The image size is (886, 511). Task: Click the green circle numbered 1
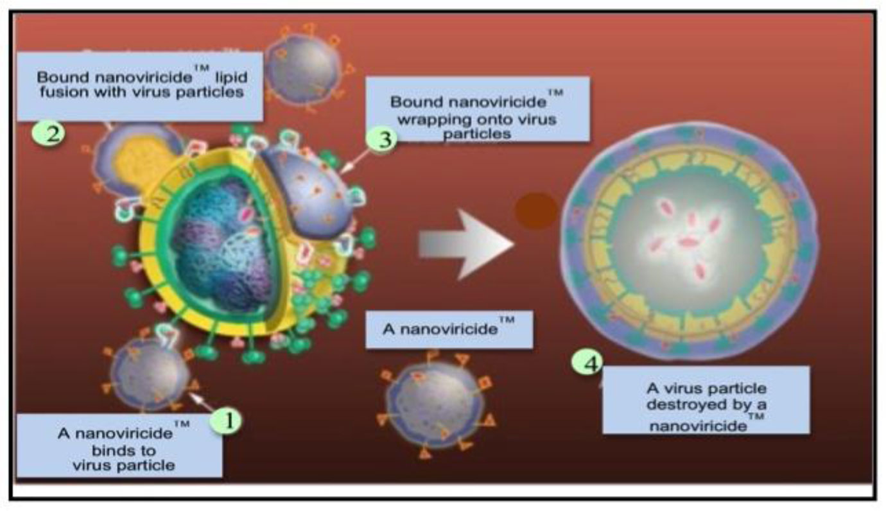(x=229, y=422)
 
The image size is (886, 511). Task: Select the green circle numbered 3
(x=383, y=139)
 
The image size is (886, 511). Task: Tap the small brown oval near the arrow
(x=536, y=211)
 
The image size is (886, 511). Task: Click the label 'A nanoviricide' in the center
(x=448, y=330)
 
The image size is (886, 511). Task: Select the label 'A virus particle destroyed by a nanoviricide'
(x=706, y=400)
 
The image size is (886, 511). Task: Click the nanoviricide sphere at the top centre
(x=303, y=68)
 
